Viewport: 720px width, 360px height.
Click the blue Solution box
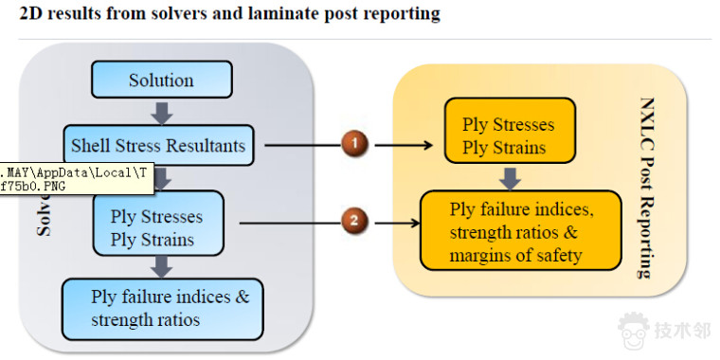coord(161,81)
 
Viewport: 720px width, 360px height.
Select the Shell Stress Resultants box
coord(158,146)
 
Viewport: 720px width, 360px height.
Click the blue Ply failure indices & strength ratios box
coord(161,308)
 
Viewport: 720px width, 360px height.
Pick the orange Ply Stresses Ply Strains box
coord(509,136)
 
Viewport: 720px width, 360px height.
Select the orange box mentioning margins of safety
coord(520,231)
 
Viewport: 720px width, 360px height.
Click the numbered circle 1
coord(354,145)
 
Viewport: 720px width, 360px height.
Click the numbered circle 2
coord(354,223)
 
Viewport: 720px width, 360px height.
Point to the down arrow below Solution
coord(162,112)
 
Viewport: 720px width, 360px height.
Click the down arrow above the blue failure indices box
coord(162,266)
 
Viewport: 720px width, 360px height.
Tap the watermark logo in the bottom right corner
coord(636,331)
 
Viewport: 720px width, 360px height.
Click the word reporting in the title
coord(406,14)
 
